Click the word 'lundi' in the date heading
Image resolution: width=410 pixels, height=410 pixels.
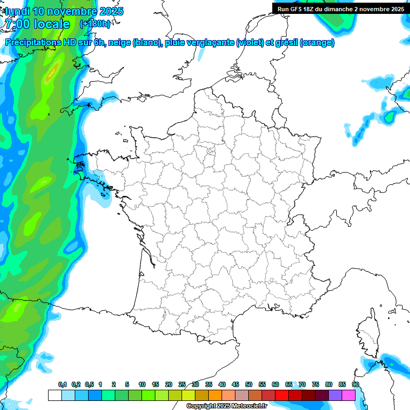point(17,11)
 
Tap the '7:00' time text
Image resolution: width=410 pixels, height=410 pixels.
point(17,24)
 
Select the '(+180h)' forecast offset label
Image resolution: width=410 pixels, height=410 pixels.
point(95,24)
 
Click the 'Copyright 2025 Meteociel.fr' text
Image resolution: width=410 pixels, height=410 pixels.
point(226,406)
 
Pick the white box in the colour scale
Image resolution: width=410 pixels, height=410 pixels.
point(54,396)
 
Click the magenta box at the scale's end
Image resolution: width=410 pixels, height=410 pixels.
point(349,396)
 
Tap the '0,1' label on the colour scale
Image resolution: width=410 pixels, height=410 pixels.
point(62,384)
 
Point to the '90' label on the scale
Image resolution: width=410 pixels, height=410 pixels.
point(356,384)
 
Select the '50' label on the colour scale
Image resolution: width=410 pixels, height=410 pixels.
point(249,384)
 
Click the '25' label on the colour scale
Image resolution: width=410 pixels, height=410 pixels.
point(182,384)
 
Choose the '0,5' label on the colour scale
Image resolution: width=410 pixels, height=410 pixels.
point(90,384)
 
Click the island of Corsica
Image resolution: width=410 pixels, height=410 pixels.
point(368,334)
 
